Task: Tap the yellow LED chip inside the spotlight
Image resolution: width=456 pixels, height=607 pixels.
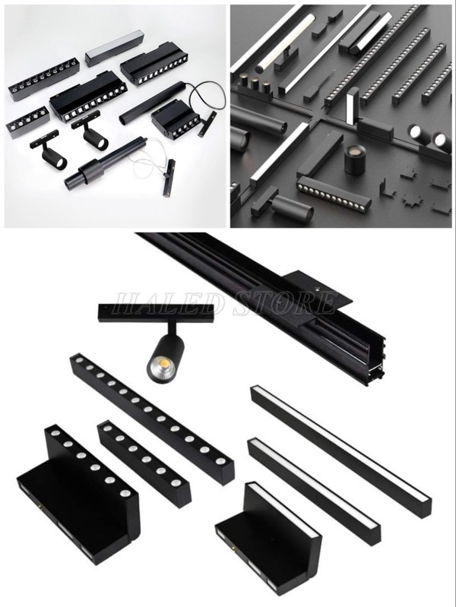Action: tap(162, 364)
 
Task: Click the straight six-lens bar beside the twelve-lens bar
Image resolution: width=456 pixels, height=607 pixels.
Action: tap(144, 460)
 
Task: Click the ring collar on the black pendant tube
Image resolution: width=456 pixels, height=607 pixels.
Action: tap(90, 170)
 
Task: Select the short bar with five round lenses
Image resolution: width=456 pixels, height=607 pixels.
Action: tap(27, 123)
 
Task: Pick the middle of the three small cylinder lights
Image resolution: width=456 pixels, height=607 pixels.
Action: tap(255, 83)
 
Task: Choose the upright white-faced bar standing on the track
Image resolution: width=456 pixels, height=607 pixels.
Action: tap(353, 105)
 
